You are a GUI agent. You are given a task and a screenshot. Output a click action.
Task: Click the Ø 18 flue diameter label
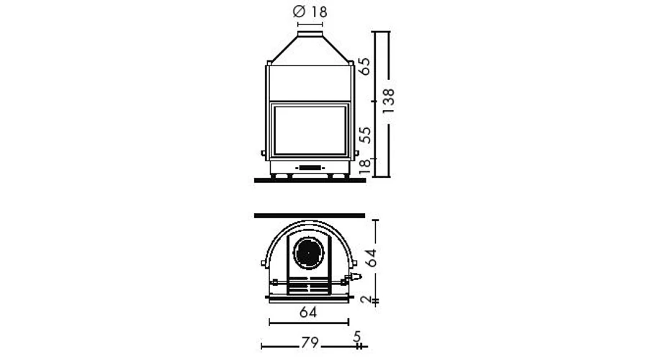pyautogui.click(x=310, y=12)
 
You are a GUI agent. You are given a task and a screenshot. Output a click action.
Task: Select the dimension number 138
pyautogui.click(x=388, y=101)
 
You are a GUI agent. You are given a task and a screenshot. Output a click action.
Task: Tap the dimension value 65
pyautogui.click(x=365, y=66)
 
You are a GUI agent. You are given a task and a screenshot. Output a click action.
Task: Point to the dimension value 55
pyautogui.click(x=365, y=135)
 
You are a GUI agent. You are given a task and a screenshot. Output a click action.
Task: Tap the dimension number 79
pyautogui.click(x=309, y=343)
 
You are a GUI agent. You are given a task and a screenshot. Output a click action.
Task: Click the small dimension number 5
pyautogui.click(x=357, y=336)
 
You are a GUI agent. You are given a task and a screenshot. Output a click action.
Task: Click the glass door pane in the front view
pyautogui.click(x=310, y=130)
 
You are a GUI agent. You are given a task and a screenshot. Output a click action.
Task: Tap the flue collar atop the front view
pyautogui.click(x=310, y=33)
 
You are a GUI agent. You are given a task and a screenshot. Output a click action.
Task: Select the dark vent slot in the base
pyautogui.click(x=310, y=168)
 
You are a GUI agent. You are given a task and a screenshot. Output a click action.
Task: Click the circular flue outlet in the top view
pyautogui.click(x=310, y=253)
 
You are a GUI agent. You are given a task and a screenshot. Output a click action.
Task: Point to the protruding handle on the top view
pyautogui.click(x=354, y=276)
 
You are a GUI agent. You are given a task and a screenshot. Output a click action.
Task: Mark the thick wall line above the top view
pyautogui.click(x=310, y=215)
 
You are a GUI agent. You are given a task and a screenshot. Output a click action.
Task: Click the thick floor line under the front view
pyautogui.click(x=310, y=180)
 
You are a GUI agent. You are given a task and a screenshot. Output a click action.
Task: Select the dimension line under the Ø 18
pyautogui.click(x=310, y=24)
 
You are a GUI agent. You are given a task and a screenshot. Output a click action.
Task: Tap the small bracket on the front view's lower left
pyautogui.click(x=264, y=153)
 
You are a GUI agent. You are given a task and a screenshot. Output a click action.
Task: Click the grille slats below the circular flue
pyautogui.click(x=310, y=287)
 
